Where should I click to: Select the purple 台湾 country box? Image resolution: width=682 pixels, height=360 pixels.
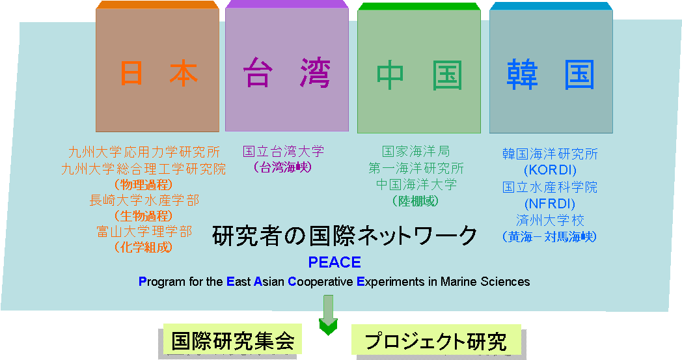[287, 66]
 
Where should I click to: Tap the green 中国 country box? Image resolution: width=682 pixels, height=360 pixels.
[419, 68]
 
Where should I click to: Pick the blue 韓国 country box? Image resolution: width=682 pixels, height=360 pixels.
[551, 68]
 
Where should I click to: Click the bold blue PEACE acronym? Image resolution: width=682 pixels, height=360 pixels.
[334, 262]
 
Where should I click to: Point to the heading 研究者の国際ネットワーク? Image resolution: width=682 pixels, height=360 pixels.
[345, 236]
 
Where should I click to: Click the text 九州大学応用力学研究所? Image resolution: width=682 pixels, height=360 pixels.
[144, 152]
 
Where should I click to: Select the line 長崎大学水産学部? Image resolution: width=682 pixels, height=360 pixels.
[144, 201]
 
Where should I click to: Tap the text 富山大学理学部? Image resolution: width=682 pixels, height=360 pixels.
[144, 232]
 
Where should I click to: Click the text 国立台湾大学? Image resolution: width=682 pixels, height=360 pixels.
[283, 152]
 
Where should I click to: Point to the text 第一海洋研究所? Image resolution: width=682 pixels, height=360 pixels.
[416, 168]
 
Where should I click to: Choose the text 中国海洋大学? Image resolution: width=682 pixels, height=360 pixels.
[416, 185]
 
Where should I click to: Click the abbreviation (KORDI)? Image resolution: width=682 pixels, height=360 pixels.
[550, 170]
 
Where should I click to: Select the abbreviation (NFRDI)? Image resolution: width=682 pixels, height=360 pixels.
[550, 204]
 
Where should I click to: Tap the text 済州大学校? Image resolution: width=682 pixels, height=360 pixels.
[550, 220]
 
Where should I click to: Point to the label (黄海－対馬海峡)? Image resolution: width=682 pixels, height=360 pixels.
[549, 237]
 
